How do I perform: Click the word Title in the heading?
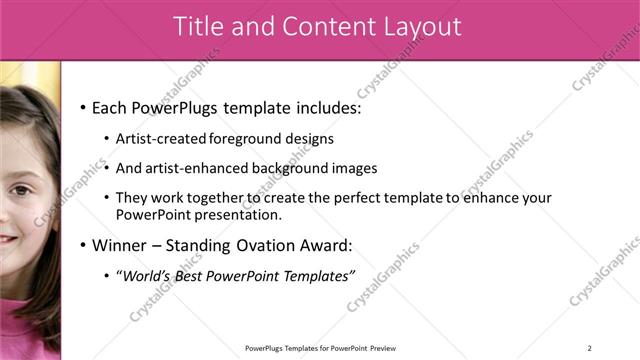199,28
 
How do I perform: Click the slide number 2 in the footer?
589,348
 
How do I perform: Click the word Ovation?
261,245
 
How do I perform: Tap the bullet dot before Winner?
82,245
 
